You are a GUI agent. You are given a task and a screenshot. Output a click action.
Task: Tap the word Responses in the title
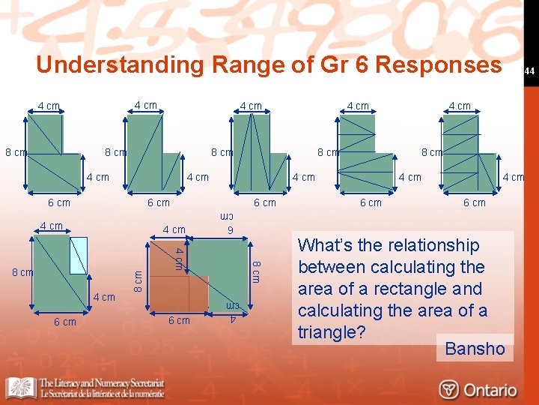pos(438,65)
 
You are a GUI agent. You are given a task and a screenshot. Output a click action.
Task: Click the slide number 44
pos(528,71)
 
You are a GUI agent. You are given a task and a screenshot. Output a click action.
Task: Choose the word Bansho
pos(475,349)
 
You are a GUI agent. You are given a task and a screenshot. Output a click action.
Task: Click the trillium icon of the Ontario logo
pos(449,390)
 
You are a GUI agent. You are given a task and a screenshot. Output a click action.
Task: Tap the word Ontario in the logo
pos(490,390)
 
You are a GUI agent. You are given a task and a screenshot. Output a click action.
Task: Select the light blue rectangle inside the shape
pos(79,255)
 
